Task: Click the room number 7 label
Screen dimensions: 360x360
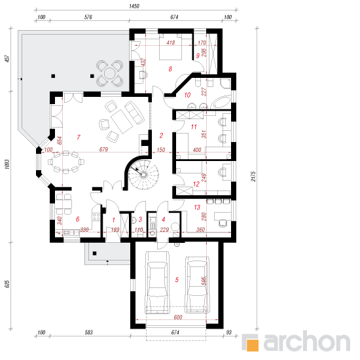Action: coord(79,137)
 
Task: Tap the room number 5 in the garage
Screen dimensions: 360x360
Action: coord(177,279)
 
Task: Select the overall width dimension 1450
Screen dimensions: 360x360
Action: coord(134,6)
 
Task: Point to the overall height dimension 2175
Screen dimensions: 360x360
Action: coord(253,176)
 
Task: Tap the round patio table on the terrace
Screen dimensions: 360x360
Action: coord(110,73)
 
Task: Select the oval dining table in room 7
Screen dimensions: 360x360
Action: coord(66,162)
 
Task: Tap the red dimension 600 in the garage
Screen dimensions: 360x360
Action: coord(178,317)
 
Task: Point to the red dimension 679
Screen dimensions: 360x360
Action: coord(103,149)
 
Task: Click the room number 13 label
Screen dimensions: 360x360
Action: coord(197,207)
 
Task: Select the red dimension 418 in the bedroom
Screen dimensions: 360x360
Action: coord(171,43)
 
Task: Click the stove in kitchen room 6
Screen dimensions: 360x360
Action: coord(96,217)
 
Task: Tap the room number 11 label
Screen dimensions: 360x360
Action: coord(194,127)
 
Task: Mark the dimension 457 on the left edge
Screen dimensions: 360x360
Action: coord(7,58)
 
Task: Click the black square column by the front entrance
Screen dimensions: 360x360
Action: coord(94,253)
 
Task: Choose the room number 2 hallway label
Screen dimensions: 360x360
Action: coord(161,135)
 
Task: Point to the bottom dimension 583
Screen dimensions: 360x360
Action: coord(88,333)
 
